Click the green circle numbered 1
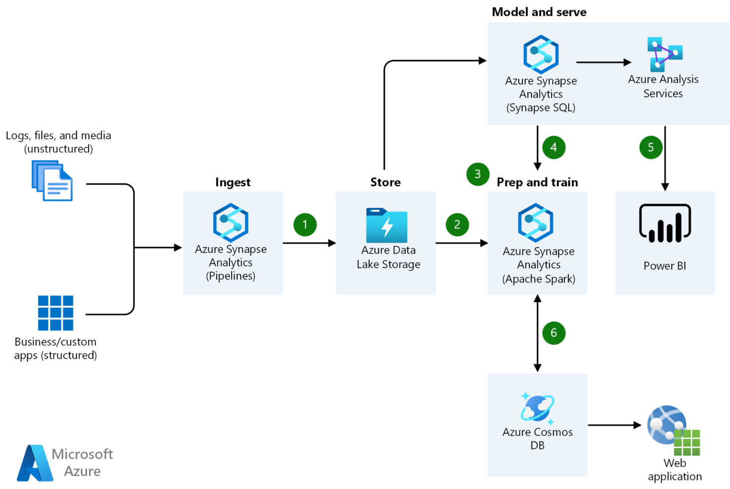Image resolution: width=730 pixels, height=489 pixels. pyautogui.click(x=305, y=224)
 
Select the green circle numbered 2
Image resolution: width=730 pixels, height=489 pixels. pyautogui.click(x=457, y=224)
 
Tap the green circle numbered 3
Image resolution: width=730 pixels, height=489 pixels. pyautogui.click(x=478, y=174)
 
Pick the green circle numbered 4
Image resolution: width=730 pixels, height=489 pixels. pyautogui.click(x=553, y=147)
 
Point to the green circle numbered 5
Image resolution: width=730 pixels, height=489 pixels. pyautogui.click(x=651, y=147)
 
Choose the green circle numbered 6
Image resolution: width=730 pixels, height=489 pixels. pyautogui.click(x=553, y=332)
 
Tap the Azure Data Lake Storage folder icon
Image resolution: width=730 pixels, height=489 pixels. pyautogui.click(x=386, y=225)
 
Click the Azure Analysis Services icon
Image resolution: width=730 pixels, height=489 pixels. pyautogui.click(x=664, y=54)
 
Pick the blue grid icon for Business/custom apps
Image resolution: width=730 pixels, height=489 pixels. pyautogui.click(x=56, y=313)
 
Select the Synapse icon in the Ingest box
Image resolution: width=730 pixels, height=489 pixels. pyautogui.click(x=231, y=222)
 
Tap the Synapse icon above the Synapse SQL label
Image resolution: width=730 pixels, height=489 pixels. pyautogui.click(x=541, y=54)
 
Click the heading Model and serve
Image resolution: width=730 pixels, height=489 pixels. pyautogui.click(x=539, y=12)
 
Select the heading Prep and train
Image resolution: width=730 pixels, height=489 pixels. pyautogui.click(x=537, y=182)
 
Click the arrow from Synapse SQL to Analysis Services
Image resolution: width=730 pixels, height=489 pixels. pyautogui.click(x=603, y=62)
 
